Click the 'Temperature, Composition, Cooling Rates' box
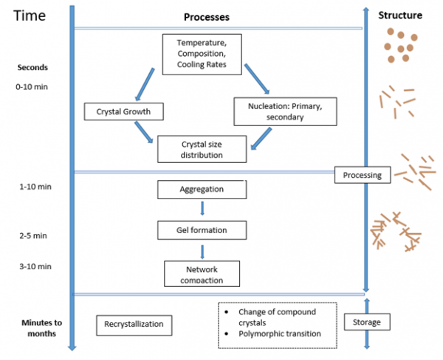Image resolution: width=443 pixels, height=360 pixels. (x=202, y=54)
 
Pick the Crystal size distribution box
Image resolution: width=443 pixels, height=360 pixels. (x=201, y=149)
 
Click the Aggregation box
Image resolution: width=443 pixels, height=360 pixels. (x=201, y=190)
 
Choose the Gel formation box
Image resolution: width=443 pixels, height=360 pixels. (x=201, y=230)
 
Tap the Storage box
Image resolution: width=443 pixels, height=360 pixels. (x=367, y=322)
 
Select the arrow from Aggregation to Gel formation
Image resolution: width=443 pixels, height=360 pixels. (x=202, y=210)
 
